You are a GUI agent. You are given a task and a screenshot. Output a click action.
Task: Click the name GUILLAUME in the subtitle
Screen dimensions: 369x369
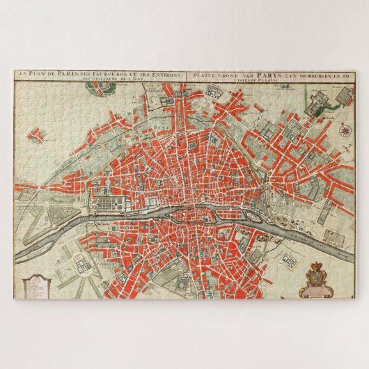[x=106, y=79]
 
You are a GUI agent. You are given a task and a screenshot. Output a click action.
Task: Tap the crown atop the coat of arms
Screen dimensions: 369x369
[x=317, y=266]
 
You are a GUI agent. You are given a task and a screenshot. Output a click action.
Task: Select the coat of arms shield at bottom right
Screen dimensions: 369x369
[x=317, y=278]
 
